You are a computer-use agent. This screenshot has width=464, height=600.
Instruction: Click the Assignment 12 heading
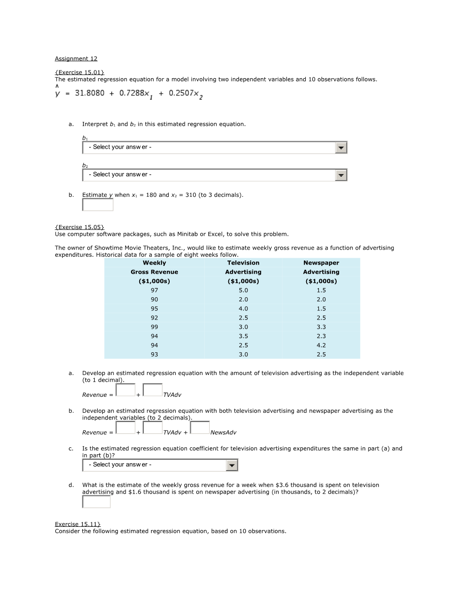76,59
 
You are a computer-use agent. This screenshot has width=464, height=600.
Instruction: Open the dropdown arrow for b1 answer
341,148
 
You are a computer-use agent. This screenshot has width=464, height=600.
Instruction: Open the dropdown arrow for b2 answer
341,175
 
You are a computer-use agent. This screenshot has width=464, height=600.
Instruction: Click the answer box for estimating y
97,205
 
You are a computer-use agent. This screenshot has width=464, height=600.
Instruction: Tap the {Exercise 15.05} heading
80,227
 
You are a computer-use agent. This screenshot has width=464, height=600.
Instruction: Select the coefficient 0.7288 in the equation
131,93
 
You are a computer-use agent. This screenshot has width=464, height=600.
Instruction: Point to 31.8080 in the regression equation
90,93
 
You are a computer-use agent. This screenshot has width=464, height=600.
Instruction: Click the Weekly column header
154,263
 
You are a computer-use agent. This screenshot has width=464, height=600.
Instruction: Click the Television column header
243,263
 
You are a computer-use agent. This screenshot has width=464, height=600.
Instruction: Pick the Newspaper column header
321,263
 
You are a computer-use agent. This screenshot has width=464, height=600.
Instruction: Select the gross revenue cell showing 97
154,290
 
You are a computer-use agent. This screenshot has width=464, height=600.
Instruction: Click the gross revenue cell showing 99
154,327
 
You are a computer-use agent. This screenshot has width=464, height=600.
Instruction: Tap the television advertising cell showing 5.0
243,290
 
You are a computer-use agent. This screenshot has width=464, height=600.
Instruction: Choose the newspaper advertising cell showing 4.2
321,345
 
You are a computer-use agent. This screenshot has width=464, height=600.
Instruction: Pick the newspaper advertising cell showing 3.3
321,327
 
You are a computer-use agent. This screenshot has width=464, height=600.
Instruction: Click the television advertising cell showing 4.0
243,309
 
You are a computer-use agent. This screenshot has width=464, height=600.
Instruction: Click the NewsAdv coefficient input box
200,428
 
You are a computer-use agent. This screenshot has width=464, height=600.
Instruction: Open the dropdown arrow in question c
232,465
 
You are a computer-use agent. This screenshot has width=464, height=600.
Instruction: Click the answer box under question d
96,502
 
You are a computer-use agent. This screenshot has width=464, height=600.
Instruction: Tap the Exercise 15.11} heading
78,524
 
